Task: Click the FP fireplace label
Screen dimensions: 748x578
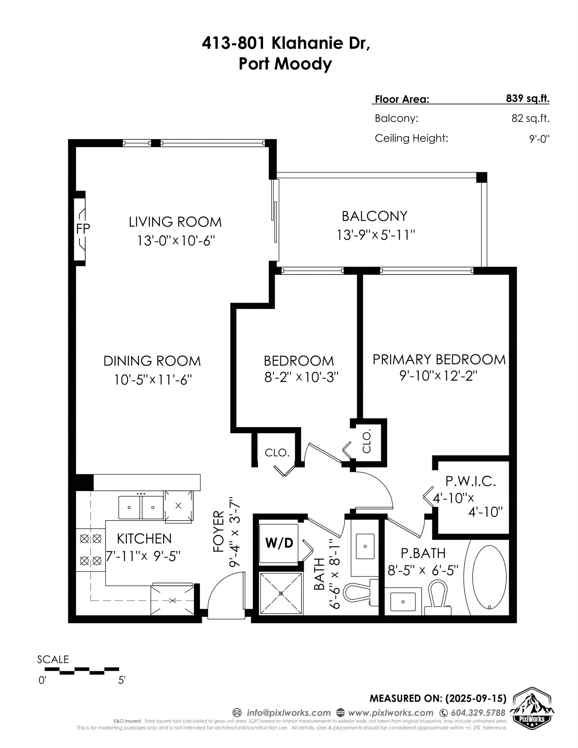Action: point(82,229)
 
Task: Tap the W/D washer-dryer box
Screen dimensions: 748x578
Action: point(279,543)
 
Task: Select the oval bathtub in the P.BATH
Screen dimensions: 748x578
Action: point(489,577)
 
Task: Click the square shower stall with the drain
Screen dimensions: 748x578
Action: point(281,593)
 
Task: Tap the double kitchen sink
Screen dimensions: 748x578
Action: point(141,507)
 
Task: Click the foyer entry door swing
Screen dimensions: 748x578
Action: point(226,596)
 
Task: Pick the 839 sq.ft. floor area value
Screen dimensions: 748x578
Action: point(527,99)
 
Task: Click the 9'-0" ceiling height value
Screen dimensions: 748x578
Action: point(539,139)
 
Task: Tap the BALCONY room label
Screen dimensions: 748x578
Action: point(374,216)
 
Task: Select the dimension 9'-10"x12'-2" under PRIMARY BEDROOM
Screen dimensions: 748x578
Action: point(438,376)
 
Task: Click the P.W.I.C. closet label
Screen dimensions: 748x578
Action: point(471,481)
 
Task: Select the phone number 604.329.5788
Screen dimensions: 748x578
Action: point(478,713)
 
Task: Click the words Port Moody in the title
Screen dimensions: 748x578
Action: point(285,64)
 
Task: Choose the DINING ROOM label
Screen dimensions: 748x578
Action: point(152,361)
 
